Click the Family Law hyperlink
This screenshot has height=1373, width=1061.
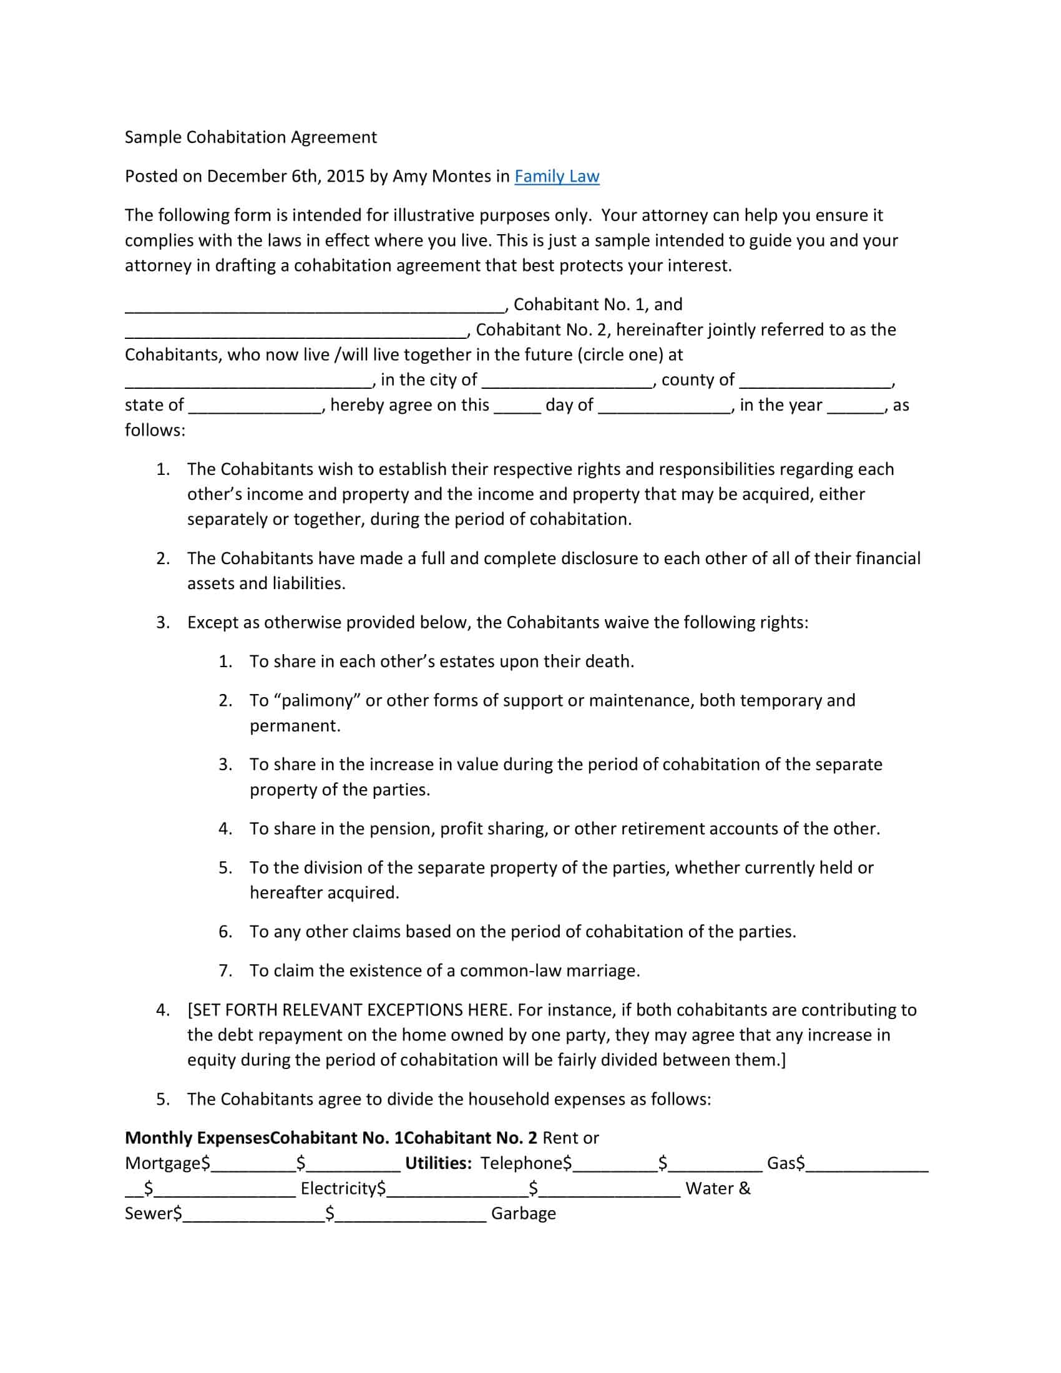click(556, 177)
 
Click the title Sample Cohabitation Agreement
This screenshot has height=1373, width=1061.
click(251, 138)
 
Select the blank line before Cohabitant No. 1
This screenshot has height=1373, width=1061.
click(315, 308)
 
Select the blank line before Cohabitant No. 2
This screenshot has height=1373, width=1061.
click(295, 333)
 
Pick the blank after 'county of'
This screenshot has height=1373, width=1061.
click(815, 383)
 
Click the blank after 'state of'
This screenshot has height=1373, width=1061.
click(255, 408)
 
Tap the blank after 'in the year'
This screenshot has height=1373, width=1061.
click(856, 408)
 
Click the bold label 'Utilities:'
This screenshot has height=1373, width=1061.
click(438, 1163)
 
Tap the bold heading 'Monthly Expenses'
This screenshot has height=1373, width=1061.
click(197, 1138)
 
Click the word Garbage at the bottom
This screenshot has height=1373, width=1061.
click(523, 1213)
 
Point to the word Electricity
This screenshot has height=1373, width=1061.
click(339, 1188)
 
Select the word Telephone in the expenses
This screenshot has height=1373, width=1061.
click(522, 1163)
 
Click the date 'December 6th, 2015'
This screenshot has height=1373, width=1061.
click(285, 177)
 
